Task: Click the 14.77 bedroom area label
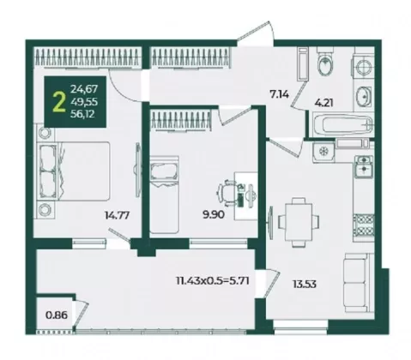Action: point(118,215)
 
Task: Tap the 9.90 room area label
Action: point(214,214)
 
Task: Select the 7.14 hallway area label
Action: point(279,93)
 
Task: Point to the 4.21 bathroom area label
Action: point(323,102)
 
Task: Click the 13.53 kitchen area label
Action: point(305,284)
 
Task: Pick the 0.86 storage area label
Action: point(57,315)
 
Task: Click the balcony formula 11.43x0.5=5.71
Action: point(213,281)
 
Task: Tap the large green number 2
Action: point(59,103)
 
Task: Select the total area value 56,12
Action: point(82,114)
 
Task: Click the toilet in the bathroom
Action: point(325,63)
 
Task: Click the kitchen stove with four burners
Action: point(364,225)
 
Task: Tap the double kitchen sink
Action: point(364,165)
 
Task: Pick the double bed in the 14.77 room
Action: point(75,171)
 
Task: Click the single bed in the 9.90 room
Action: point(164,195)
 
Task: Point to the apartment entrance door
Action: point(255,32)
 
